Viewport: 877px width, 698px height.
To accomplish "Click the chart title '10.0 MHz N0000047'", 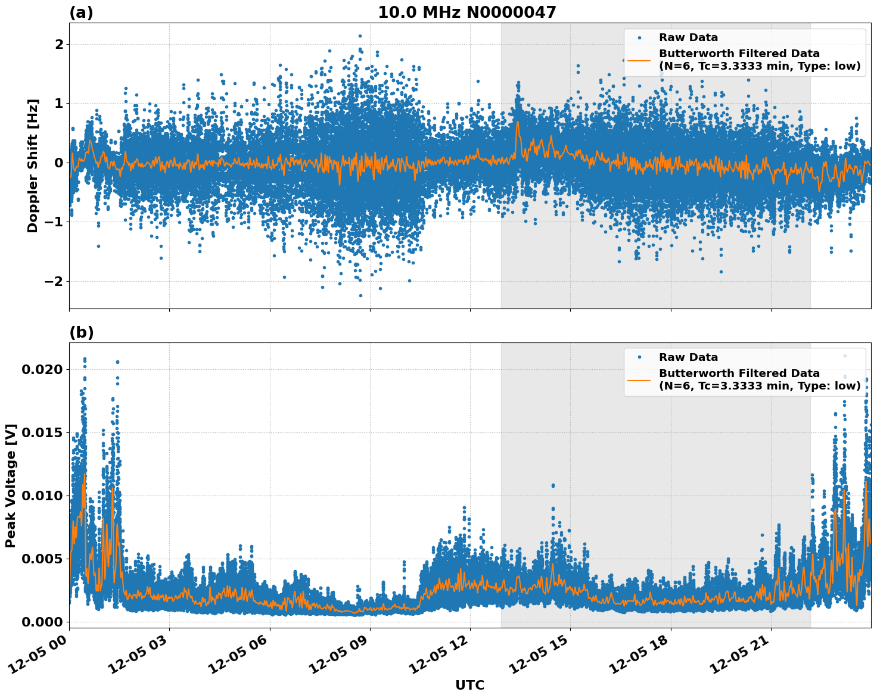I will pos(467,13).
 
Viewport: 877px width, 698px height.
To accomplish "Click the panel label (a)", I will pos(81,13).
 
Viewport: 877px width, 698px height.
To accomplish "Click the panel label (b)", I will pos(81,332).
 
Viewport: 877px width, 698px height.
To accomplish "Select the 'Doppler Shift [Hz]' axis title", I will pos(33,166).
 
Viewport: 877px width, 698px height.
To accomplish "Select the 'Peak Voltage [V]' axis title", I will pos(11,485).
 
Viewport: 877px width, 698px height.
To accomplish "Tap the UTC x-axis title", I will pos(469,685).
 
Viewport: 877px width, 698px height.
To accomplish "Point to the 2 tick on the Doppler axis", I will pos(58,45).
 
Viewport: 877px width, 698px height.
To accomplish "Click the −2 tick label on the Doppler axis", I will pos(53,281).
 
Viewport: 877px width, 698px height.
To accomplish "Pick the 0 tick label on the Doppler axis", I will pos(58,163).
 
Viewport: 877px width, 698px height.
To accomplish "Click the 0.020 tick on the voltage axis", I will pos(42,370).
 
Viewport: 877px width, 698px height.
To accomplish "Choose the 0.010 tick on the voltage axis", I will pos(42,496).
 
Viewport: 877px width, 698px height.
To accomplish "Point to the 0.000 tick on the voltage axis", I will pos(42,622).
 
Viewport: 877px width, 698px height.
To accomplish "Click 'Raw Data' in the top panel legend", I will pos(688,38).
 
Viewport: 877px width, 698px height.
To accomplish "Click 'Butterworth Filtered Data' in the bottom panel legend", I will pos(739,373).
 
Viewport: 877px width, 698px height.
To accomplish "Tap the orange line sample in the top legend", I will pos(639,60).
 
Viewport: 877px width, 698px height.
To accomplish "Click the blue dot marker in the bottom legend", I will pos(639,357).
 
